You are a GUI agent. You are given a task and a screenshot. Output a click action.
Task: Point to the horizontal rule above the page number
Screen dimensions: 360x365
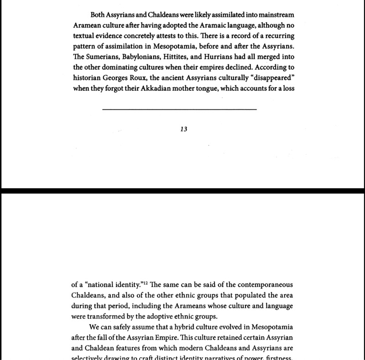point(180,109)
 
